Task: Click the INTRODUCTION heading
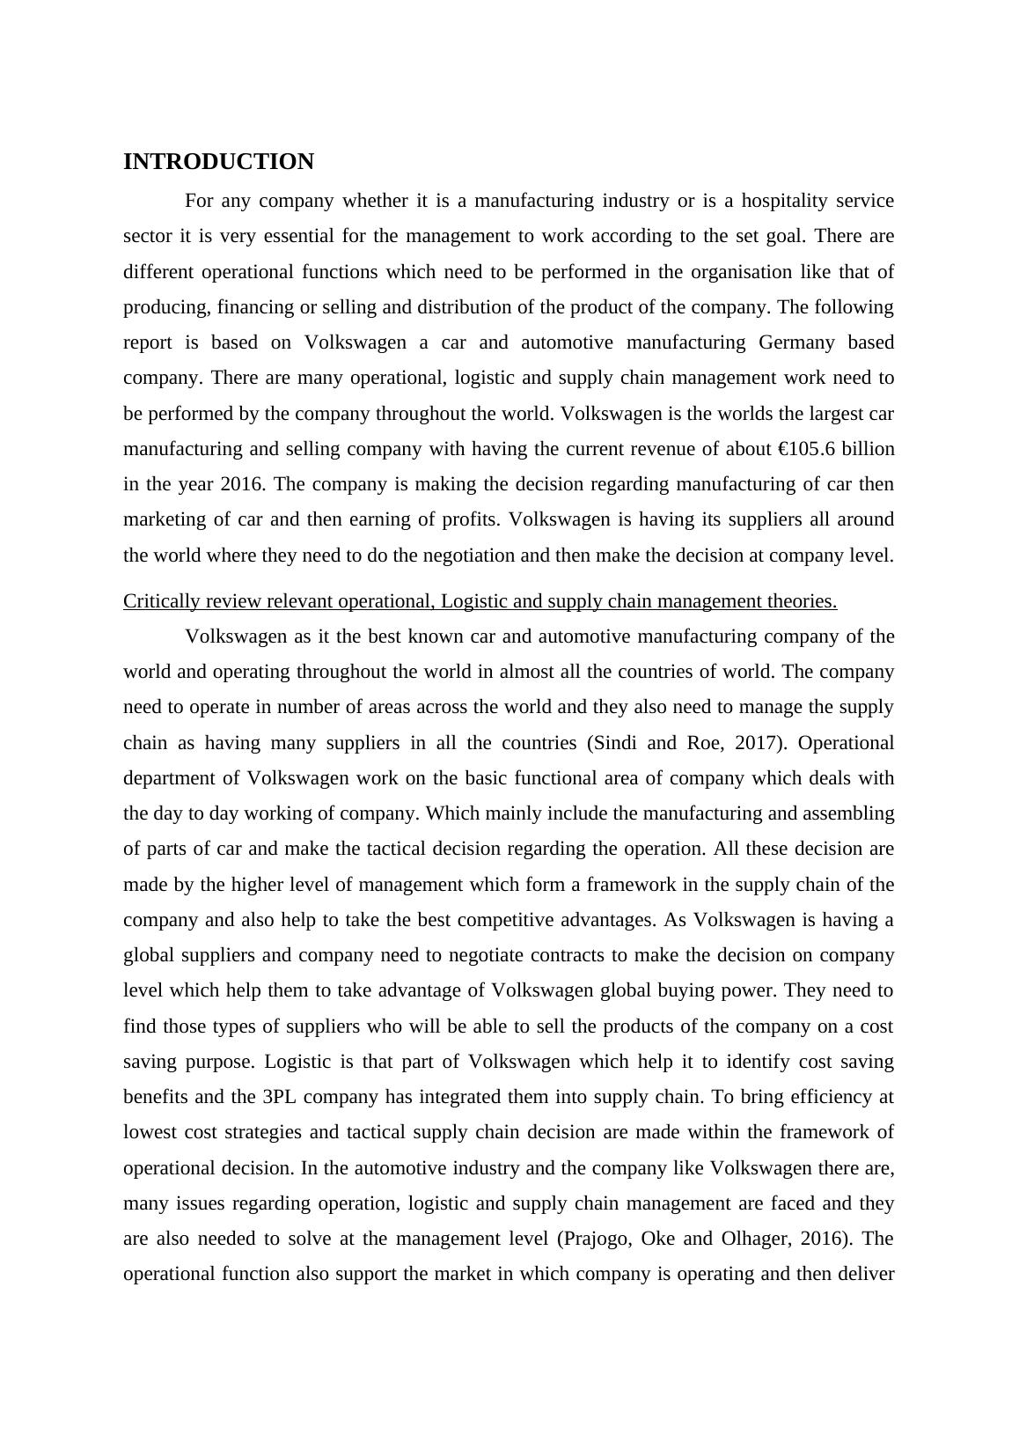(x=218, y=162)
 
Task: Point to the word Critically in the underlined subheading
(x=161, y=601)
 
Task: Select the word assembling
(x=843, y=813)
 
